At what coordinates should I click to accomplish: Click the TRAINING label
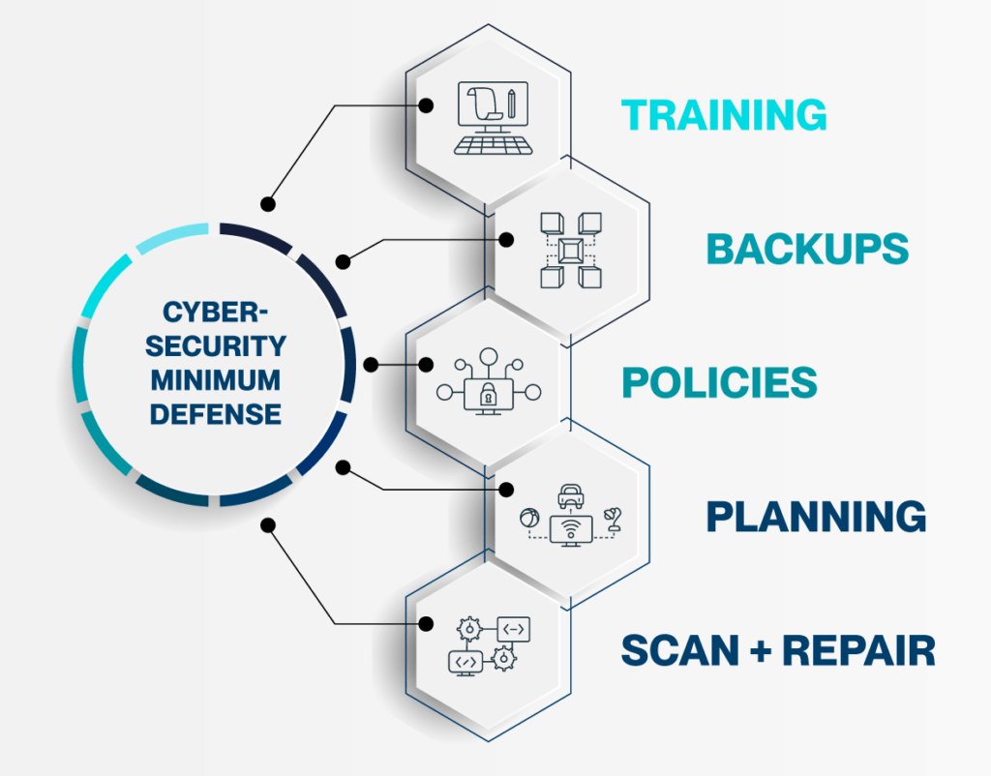coord(724,114)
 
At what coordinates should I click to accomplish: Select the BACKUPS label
coord(807,249)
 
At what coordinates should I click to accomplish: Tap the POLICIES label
coord(719,382)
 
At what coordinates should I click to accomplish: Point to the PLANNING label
coord(816,516)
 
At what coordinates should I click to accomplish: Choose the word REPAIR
coord(858,650)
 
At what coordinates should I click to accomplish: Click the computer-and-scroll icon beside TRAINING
coord(492,117)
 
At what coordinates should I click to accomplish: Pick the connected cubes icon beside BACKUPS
coord(570,251)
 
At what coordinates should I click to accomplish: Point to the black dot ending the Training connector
coord(268,204)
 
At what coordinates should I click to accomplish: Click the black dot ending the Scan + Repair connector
coord(268,525)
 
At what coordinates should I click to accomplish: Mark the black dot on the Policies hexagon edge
coord(426,365)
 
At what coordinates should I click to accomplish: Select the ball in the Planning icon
coord(528,519)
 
